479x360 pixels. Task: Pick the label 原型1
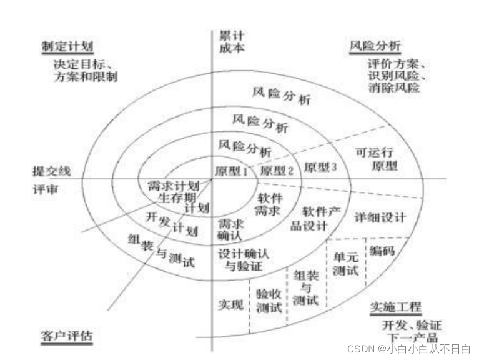pos(231,170)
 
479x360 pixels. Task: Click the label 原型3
pos(320,167)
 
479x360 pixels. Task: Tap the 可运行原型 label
pos(376,159)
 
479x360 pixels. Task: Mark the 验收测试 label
pos(269,300)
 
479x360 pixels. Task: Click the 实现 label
pos(229,304)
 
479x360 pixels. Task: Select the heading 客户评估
pos(68,336)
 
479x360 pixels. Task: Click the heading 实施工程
pos(395,307)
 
